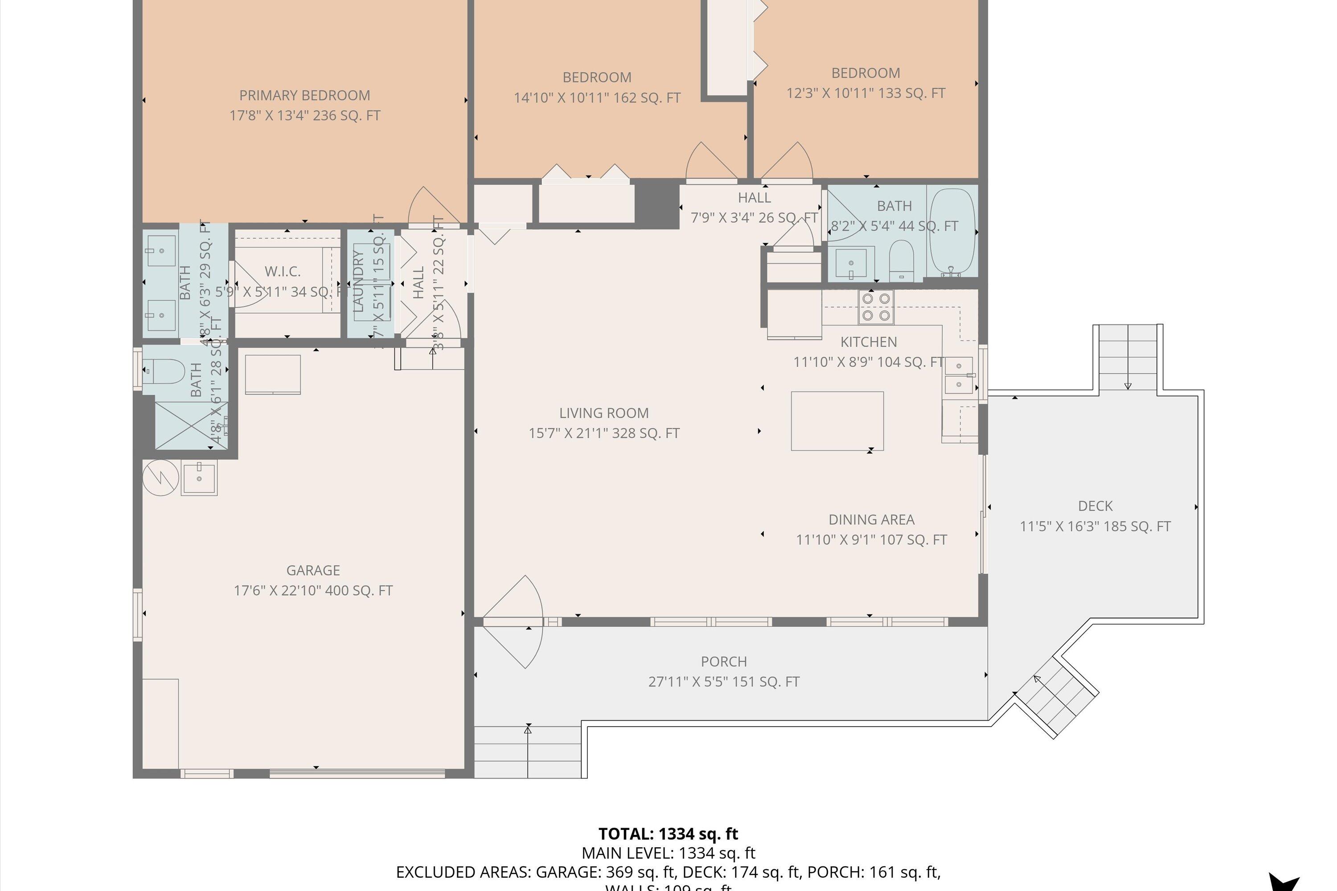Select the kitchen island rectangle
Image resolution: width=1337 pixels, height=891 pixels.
(837, 421)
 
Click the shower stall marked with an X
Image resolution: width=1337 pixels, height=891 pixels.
(191, 425)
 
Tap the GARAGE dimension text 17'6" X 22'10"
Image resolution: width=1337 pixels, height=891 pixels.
(313, 590)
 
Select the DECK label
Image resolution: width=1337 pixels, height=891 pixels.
(1095, 506)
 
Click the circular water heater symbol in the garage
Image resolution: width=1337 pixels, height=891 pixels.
(161, 477)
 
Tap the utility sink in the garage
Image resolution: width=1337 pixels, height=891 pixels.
(199, 478)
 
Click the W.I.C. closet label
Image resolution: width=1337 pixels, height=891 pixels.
(283, 272)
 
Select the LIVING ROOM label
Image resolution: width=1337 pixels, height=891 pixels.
(604, 413)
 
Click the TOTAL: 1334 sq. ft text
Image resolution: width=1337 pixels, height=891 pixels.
(668, 834)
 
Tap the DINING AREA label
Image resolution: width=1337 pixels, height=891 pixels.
(871, 519)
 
